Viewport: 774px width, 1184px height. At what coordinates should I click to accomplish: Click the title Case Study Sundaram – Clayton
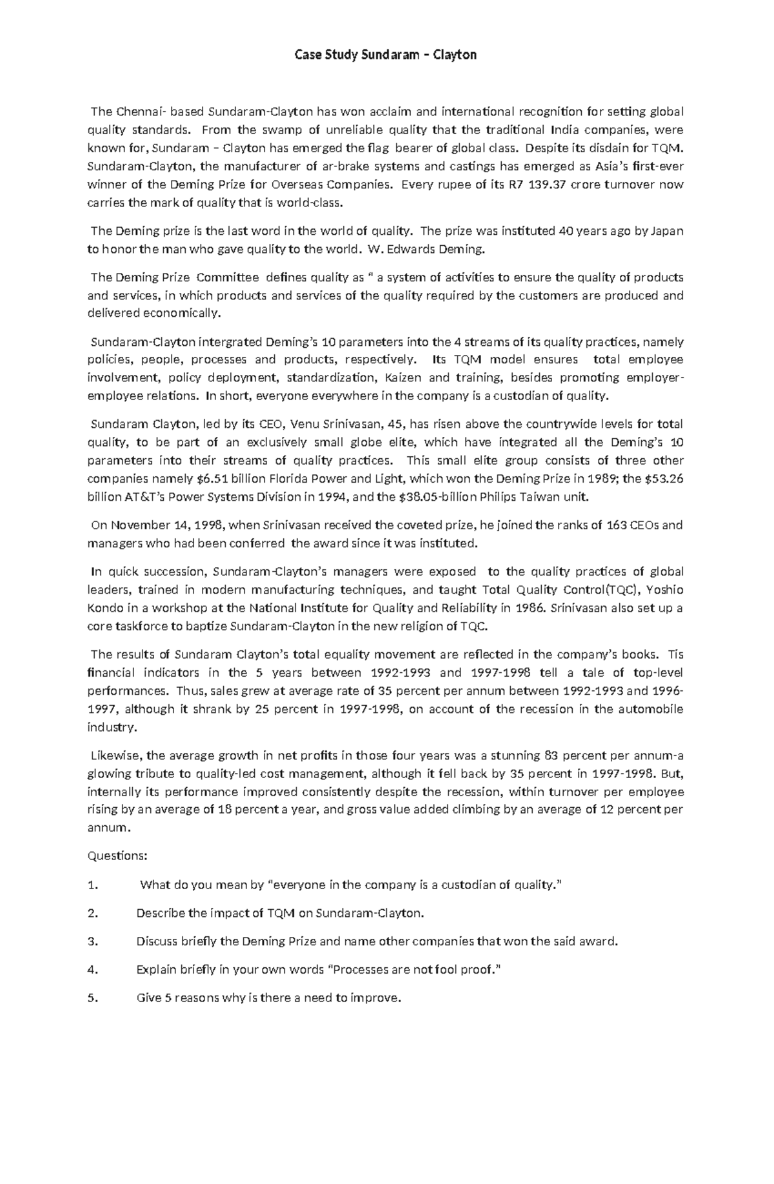pos(386,55)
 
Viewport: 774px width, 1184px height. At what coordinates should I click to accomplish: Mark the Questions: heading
pos(117,856)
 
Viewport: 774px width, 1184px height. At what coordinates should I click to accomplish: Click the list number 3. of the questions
pos(92,941)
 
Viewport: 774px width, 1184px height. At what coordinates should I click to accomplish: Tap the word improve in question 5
pos(375,998)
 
